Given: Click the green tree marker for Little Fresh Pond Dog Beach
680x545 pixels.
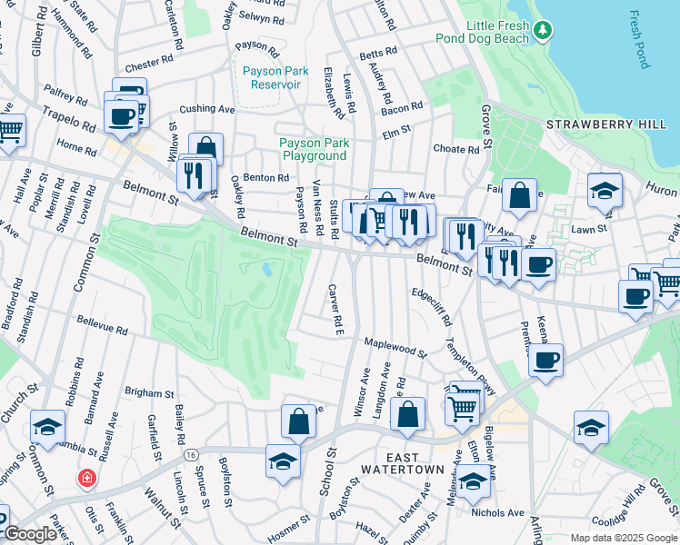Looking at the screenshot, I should [x=543, y=32].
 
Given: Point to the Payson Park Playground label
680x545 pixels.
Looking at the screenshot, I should [x=314, y=149].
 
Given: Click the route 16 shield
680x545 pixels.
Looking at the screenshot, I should [x=190, y=454].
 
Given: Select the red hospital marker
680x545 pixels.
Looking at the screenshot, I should [x=87, y=478].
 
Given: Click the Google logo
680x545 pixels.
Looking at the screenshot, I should [x=30, y=534].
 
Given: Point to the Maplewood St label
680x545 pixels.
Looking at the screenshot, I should [x=395, y=347].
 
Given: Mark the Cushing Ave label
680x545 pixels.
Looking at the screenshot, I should [x=206, y=109].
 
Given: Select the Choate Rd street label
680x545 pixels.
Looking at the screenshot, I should [x=456, y=149].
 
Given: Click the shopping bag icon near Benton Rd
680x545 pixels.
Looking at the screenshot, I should [x=206, y=148].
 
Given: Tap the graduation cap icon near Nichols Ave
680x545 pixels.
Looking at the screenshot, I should [x=473, y=481].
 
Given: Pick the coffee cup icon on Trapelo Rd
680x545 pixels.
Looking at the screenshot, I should [x=121, y=115].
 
